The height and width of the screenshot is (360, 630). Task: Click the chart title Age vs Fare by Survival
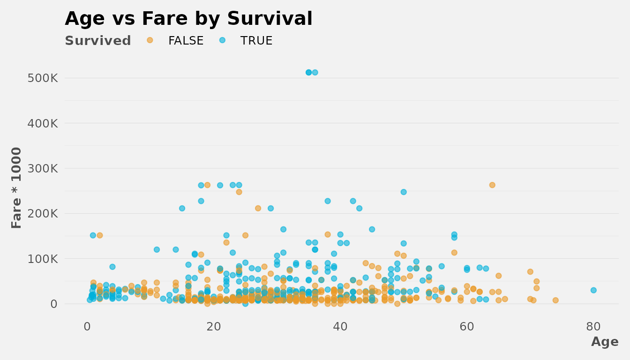(188, 19)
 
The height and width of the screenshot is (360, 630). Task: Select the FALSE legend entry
(186, 41)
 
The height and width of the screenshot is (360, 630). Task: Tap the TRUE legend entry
(256, 41)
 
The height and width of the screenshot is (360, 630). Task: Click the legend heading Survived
(98, 41)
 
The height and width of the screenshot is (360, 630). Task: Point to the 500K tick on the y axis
(43, 78)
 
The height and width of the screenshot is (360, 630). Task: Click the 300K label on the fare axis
(43, 168)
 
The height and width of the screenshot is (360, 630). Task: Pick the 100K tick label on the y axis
(43, 259)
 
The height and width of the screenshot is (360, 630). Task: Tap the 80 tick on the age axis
(593, 326)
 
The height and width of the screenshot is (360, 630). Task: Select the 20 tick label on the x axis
(214, 326)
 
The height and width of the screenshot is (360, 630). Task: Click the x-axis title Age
(605, 342)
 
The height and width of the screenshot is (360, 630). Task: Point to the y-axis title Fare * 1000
(17, 187)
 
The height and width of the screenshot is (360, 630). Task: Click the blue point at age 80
(593, 290)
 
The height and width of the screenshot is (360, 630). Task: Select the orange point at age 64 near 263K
(492, 185)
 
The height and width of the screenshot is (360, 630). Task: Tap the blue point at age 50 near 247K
(404, 192)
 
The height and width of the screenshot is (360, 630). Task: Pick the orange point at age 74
(555, 300)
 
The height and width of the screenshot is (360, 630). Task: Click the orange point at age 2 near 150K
(99, 235)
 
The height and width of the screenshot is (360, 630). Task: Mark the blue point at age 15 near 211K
(182, 208)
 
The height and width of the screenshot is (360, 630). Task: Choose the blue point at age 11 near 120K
(157, 249)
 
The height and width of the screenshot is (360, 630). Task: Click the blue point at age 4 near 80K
(112, 267)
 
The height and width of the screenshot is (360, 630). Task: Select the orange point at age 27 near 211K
(258, 208)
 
